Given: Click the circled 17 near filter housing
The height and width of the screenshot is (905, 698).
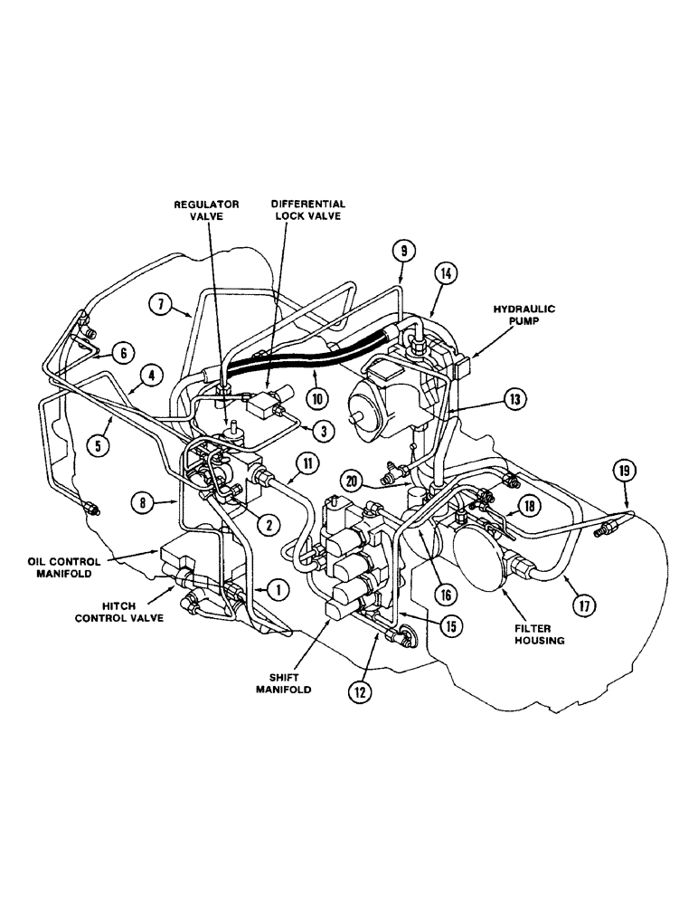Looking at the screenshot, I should point(584,605).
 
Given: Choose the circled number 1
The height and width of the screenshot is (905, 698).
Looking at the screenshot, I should point(279,589).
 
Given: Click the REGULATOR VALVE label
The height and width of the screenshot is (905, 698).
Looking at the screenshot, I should point(207,211).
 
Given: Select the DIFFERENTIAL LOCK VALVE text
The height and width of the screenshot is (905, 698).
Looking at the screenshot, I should point(310,211).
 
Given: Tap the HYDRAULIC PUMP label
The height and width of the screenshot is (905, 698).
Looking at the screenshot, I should point(523,316).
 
